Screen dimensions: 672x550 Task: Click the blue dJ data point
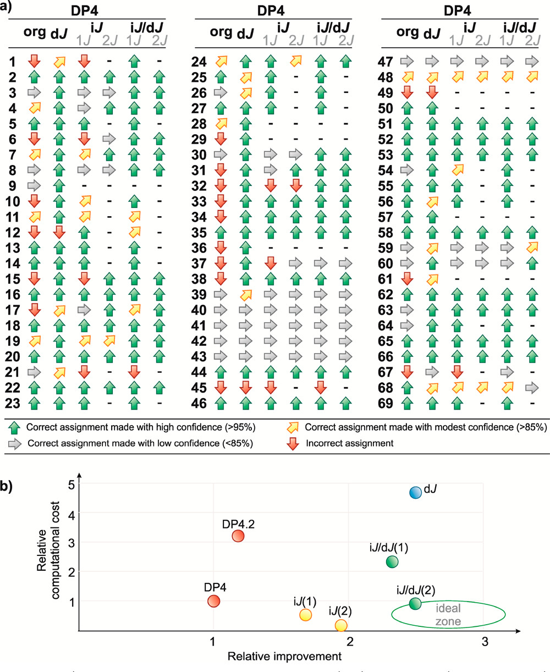(x=416, y=492)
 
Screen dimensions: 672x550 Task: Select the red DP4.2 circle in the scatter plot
(x=238, y=536)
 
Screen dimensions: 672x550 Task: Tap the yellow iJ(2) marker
(x=341, y=625)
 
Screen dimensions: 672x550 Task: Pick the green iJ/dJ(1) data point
(x=392, y=561)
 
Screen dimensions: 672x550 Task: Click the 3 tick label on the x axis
(x=485, y=642)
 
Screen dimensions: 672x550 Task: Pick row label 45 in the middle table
(x=200, y=388)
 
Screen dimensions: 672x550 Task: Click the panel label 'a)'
(x=9, y=8)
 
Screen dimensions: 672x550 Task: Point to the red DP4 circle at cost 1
(x=213, y=601)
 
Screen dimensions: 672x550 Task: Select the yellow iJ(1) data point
(x=306, y=615)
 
